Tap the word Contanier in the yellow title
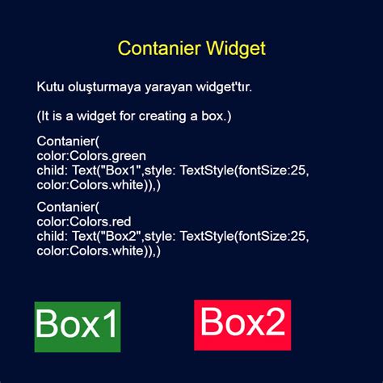click(x=154, y=48)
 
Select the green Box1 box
click(x=78, y=326)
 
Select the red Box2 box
click(x=242, y=324)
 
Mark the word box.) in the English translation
click(x=214, y=117)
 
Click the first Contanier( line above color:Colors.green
click(x=67, y=142)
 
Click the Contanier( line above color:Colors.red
click(x=67, y=207)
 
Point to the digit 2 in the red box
click(x=275, y=324)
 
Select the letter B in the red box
click(x=212, y=324)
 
